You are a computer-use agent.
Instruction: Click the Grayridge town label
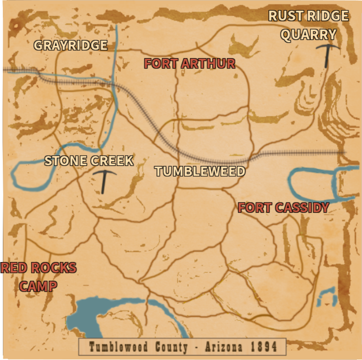pyautogui.click(x=71, y=45)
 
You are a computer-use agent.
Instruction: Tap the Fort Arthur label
pyautogui.click(x=189, y=64)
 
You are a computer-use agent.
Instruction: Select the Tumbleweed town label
pyautogui.click(x=200, y=172)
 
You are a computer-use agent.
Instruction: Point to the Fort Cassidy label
pyautogui.click(x=283, y=208)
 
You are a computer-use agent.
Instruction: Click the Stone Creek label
pyautogui.click(x=89, y=161)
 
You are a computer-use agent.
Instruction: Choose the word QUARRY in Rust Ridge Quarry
pyautogui.click(x=309, y=35)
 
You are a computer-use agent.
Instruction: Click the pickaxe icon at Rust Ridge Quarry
pyautogui.click(x=327, y=54)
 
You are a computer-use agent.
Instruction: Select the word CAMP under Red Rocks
pyautogui.click(x=38, y=286)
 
